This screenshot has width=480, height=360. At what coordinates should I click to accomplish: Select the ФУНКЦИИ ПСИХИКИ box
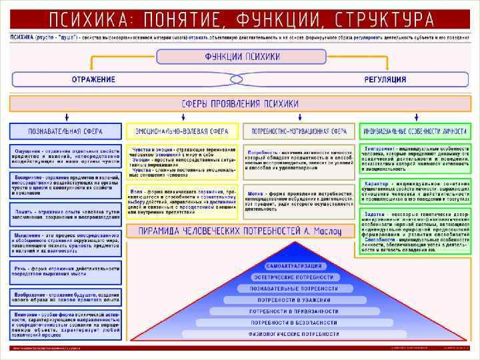click(x=241, y=57)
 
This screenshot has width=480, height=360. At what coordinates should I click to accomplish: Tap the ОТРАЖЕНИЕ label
click(x=93, y=79)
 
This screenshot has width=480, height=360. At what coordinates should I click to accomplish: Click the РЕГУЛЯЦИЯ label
click(x=385, y=79)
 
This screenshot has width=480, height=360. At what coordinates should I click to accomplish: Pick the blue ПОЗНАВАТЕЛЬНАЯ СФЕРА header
click(x=65, y=131)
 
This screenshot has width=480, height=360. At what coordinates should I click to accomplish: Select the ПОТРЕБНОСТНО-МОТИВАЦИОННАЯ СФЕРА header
click(x=299, y=131)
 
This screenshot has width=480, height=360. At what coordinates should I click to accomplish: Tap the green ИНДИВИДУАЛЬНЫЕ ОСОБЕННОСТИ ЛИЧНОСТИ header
click(x=415, y=131)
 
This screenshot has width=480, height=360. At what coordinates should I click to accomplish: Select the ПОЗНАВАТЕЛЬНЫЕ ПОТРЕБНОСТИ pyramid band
click(x=294, y=288)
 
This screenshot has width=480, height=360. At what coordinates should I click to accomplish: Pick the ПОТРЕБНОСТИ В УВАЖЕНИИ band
click(x=294, y=299)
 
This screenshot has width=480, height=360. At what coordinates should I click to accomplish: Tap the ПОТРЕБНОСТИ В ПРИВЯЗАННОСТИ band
click(x=294, y=311)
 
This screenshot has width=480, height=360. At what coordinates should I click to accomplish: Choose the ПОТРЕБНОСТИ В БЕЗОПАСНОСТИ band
click(x=294, y=322)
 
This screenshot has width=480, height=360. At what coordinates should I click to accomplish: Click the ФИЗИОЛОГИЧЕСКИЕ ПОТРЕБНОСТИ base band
click(x=294, y=333)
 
